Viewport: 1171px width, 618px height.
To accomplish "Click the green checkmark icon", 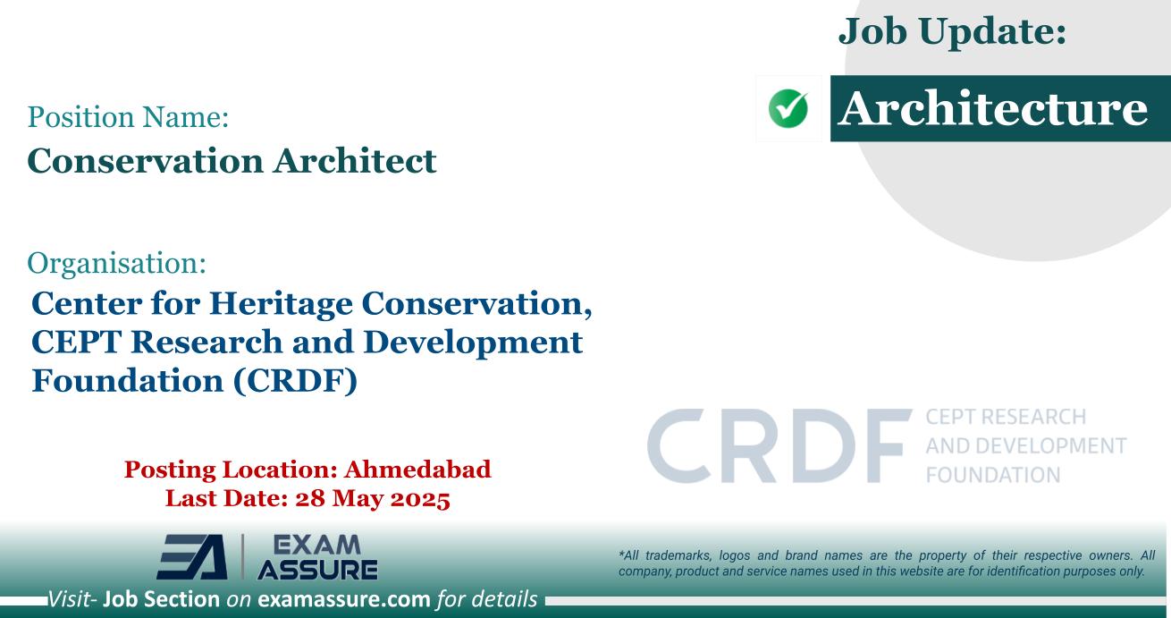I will coord(788,109).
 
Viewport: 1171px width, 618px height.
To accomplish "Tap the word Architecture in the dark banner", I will coord(995,109).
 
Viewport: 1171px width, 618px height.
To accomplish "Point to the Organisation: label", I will coord(117,262).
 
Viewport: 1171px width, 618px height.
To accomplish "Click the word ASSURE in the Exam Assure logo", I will coord(316,570).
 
